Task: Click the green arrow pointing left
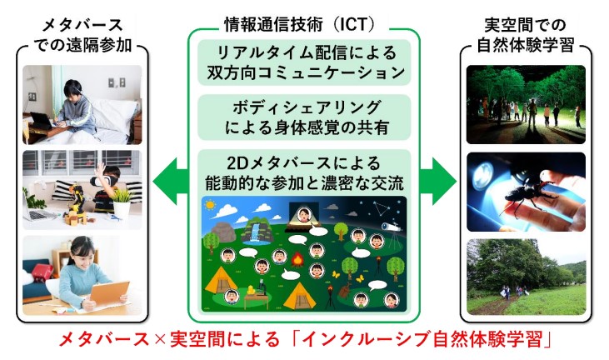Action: (170, 181)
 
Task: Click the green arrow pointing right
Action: (438, 181)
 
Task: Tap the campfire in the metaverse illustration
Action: (297, 259)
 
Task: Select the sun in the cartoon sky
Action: (210, 204)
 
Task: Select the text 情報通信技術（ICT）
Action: (300, 25)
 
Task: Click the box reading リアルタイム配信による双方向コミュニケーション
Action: (304, 62)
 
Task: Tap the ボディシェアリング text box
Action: (304, 117)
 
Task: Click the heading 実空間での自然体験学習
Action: (525, 35)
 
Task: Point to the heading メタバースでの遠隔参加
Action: (82, 35)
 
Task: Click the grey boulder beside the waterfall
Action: (223, 232)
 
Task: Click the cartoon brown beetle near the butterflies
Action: (345, 291)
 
